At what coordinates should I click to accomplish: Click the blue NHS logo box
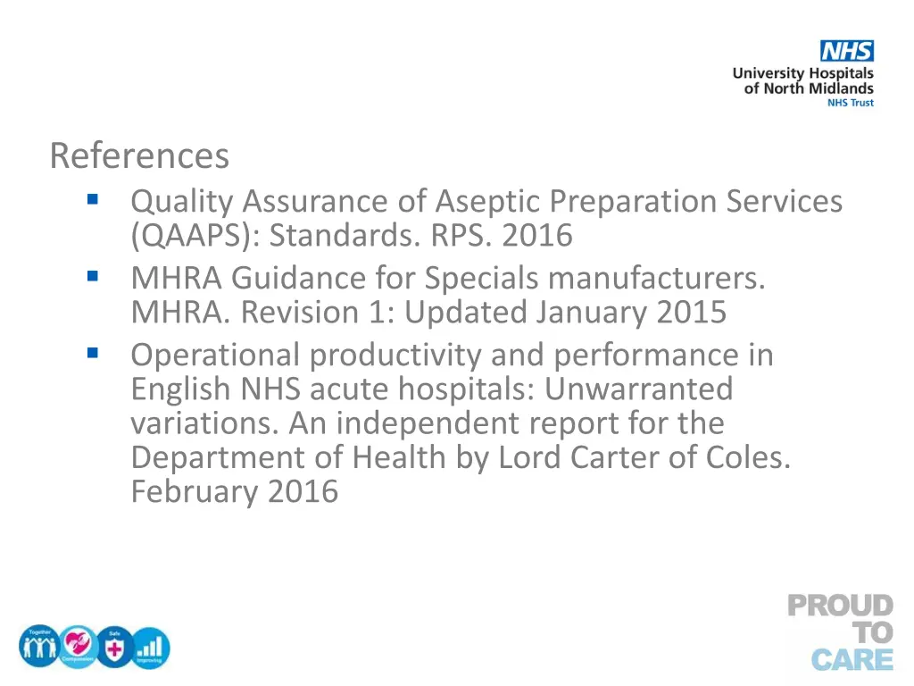(847, 51)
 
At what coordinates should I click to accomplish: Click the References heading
(139, 155)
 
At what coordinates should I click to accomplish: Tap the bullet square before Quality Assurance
(92, 200)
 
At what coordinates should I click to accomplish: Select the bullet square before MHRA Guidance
(92, 278)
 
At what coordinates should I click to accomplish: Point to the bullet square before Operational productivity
(92, 355)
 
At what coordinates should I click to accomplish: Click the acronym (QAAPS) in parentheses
(195, 236)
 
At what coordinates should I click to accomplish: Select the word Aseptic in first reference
(489, 201)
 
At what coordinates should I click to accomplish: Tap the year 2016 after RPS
(536, 236)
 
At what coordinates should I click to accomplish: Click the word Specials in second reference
(482, 279)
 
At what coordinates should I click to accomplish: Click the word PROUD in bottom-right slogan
(840, 607)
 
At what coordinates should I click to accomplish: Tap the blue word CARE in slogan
(852, 660)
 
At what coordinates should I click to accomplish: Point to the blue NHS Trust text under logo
(851, 104)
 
